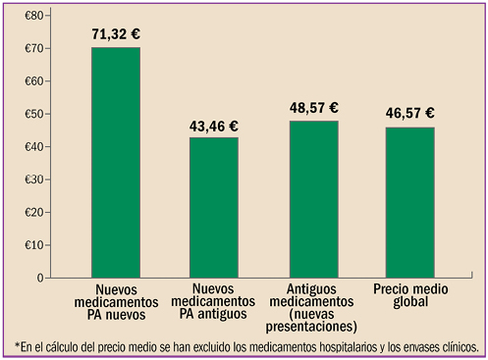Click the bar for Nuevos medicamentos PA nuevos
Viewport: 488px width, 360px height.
pyautogui.click(x=116, y=162)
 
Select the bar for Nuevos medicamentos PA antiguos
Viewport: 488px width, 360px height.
pyautogui.click(x=214, y=207)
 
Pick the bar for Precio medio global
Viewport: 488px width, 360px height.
pyautogui.click(x=410, y=202)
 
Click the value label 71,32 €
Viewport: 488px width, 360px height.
pyautogui.click(x=116, y=35)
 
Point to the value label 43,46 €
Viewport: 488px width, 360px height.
pyautogui.click(x=213, y=127)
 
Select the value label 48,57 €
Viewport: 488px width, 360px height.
pyautogui.click(x=313, y=108)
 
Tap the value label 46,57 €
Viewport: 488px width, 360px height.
pyautogui.click(x=411, y=115)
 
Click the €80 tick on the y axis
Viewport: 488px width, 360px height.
pyautogui.click(x=33, y=17)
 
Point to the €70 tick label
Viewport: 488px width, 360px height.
pyautogui.click(x=33, y=49)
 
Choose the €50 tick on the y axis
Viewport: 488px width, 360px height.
pyautogui.click(x=33, y=114)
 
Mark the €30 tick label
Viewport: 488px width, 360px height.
pyautogui.click(x=33, y=180)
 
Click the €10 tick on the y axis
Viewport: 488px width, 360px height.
pyautogui.click(x=33, y=244)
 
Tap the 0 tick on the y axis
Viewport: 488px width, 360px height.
pyautogui.click(x=38, y=278)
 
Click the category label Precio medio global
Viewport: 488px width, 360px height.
pyautogui.click(x=410, y=295)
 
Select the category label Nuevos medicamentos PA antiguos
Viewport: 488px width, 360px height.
pyautogui.click(x=214, y=302)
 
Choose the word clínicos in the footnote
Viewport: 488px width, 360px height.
pyautogui.click(x=455, y=346)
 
